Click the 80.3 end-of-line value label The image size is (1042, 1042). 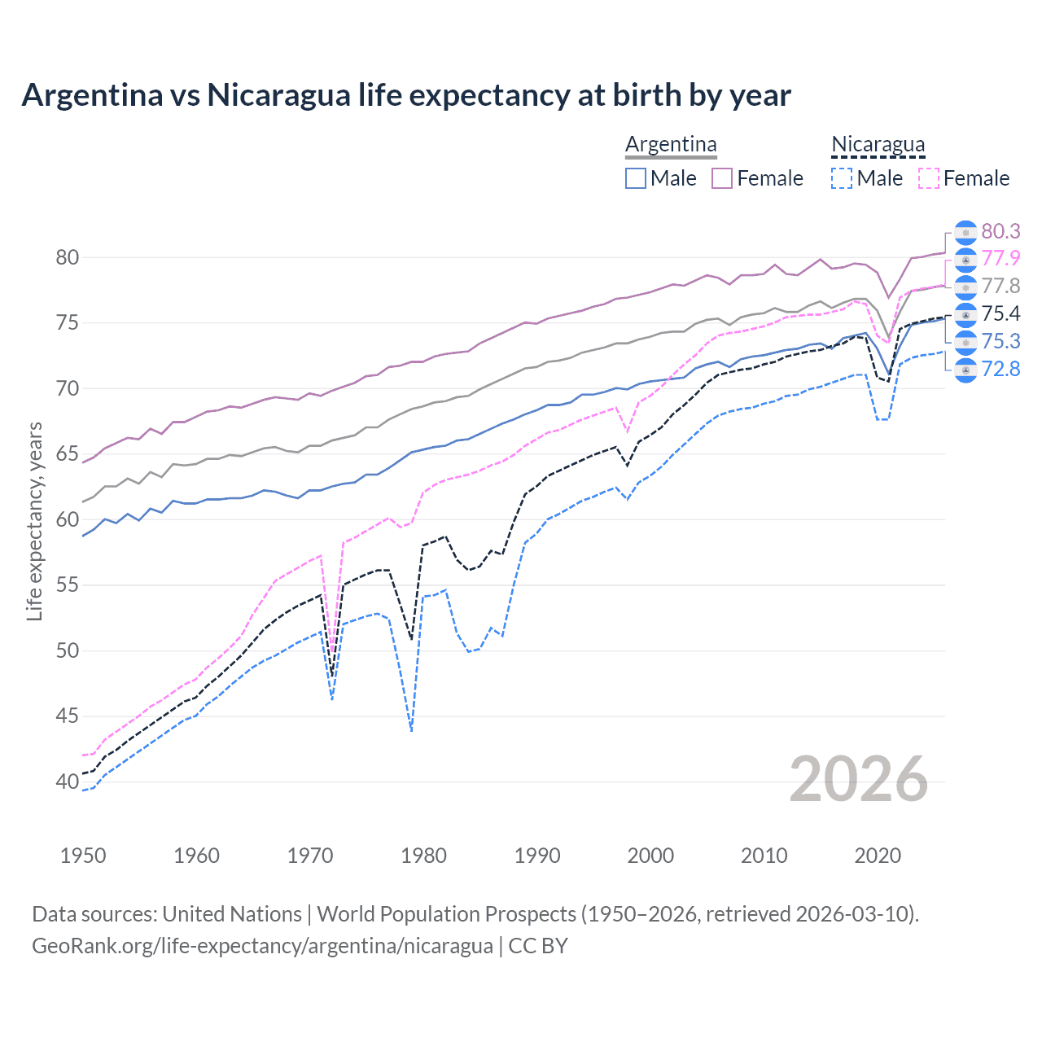pos(1000,232)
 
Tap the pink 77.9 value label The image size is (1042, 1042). pos(1000,259)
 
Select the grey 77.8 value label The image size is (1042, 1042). pos(1000,287)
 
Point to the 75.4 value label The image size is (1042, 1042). pos(1000,314)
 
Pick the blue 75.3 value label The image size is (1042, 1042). pos(1000,342)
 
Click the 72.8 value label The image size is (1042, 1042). pos(1000,370)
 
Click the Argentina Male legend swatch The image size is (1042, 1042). pos(636,178)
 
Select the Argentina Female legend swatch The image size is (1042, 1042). pos(723,178)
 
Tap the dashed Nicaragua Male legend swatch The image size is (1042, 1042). pos(842,178)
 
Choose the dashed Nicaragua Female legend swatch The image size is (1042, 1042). pos(929,178)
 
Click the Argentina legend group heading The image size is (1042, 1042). pos(671,145)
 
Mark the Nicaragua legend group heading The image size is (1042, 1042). pos(878,145)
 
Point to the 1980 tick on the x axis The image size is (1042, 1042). pos(424,856)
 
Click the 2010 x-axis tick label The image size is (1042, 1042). pos(764,856)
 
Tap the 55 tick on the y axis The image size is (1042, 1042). pos(68,584)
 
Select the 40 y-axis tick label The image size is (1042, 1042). pos(68,781)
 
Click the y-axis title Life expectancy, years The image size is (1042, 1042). pos(34,521)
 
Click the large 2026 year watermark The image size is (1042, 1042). pos(859,779)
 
